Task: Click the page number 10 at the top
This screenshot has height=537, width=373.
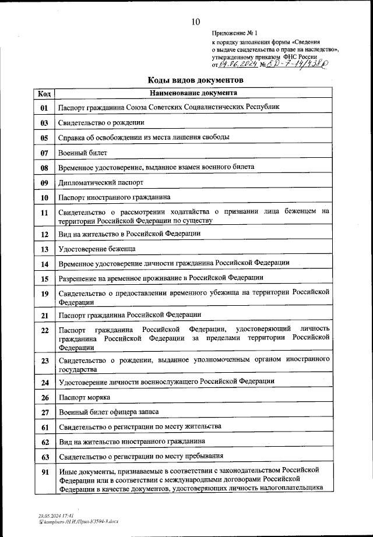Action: pos(194,22)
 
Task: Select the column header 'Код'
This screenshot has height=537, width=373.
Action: pos(44,93)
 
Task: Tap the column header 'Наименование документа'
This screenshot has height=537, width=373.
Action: pos(193,93)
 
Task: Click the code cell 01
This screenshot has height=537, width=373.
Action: pos(44,108)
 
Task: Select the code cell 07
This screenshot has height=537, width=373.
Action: pos(44,153)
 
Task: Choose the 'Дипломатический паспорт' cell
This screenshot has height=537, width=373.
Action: pos(100,182)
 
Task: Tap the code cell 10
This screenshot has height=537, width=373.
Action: pos(44,198)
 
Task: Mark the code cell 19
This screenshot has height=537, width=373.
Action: pos(44,294)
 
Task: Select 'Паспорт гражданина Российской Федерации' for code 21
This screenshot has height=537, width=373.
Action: pos(129,315)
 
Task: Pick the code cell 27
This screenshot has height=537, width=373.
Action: pos(44,412)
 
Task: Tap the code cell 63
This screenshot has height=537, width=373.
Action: pos(44,456)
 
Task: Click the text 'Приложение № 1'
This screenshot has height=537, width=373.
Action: pos(234,34)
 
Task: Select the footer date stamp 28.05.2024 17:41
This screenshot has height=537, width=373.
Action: pos(51,515)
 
